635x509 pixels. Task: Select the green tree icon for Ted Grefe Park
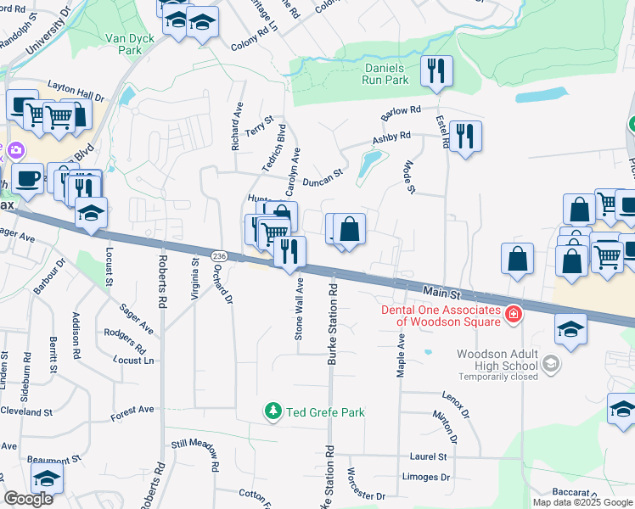pyautogui.click(x=273, y=412)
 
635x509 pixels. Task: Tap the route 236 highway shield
pyautogui.click(x=218, y=256)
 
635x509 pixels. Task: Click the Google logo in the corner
pyautogui.click(x=28, y=499)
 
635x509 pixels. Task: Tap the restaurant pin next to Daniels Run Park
pyautogui.click(x=436, y=70)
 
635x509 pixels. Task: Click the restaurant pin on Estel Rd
pyautogui.click(x=464, y=136)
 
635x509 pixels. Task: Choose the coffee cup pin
pyautogui.click(x=27, y=178)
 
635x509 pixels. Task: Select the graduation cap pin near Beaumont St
pyautogui.click(x=48, y=478)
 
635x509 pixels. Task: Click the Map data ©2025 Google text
pyautogui.click(x=582, y=502)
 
